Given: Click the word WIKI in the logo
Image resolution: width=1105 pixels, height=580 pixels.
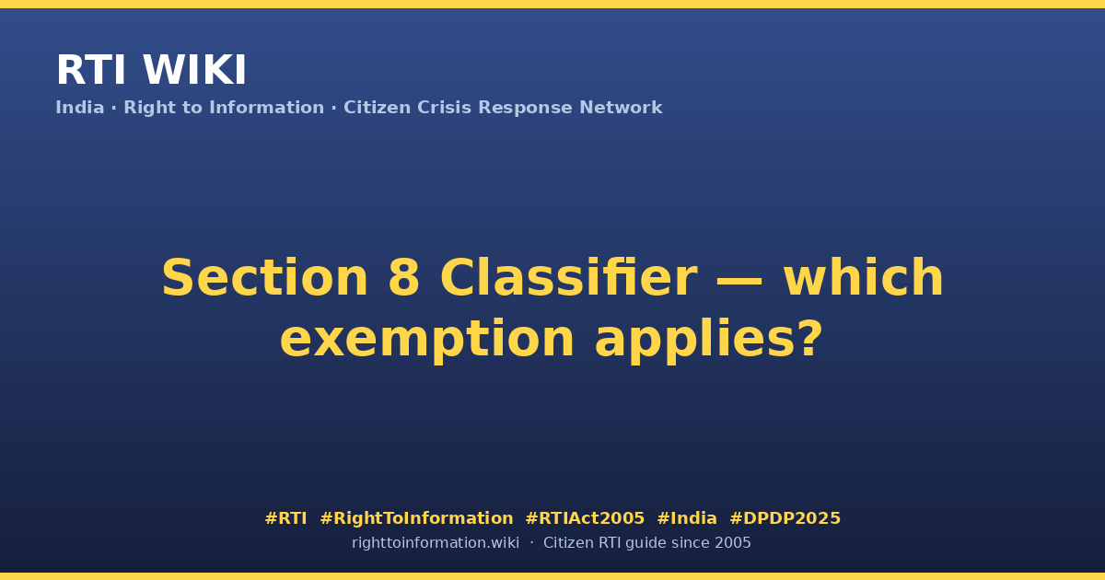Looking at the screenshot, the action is click(194, 70).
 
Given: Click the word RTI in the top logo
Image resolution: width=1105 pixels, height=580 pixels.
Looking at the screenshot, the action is click(91, 70).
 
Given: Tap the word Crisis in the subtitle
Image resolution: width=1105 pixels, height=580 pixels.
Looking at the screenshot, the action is click(444, 107).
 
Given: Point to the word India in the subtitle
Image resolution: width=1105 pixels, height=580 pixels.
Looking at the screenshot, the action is click(80, 107).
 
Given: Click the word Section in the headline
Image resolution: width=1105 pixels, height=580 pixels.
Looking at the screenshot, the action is click(265, 278).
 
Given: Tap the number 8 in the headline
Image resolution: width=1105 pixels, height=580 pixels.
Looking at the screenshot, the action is click(403, 278).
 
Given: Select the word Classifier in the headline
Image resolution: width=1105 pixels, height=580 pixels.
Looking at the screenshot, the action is click(568, 278).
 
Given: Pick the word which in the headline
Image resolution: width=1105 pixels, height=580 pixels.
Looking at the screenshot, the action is click(864, 277).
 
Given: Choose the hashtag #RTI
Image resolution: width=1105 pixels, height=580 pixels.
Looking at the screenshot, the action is click(285, 518).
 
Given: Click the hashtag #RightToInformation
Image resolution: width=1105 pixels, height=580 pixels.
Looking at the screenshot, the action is click(416, 518).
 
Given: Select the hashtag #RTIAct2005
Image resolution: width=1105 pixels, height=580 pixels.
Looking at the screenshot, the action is click(585, 518).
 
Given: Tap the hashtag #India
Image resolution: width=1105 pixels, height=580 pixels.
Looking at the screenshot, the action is click(687, 518).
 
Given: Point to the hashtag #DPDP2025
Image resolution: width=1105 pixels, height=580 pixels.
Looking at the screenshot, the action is click(785, 518).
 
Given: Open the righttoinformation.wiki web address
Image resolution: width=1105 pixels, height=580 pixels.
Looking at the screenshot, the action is click(436, 543).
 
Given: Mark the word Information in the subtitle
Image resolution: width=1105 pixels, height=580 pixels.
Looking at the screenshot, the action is click(267, 107).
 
